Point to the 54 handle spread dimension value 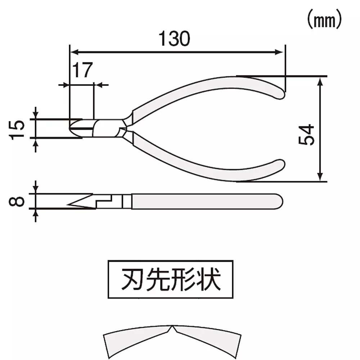point(307,135)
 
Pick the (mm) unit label point(324,21)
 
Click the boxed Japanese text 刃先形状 point(170,279)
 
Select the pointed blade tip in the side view point(68,206)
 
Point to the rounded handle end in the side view point(280,201)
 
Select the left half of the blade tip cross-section point(137,340)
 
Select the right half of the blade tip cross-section point(207,340)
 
